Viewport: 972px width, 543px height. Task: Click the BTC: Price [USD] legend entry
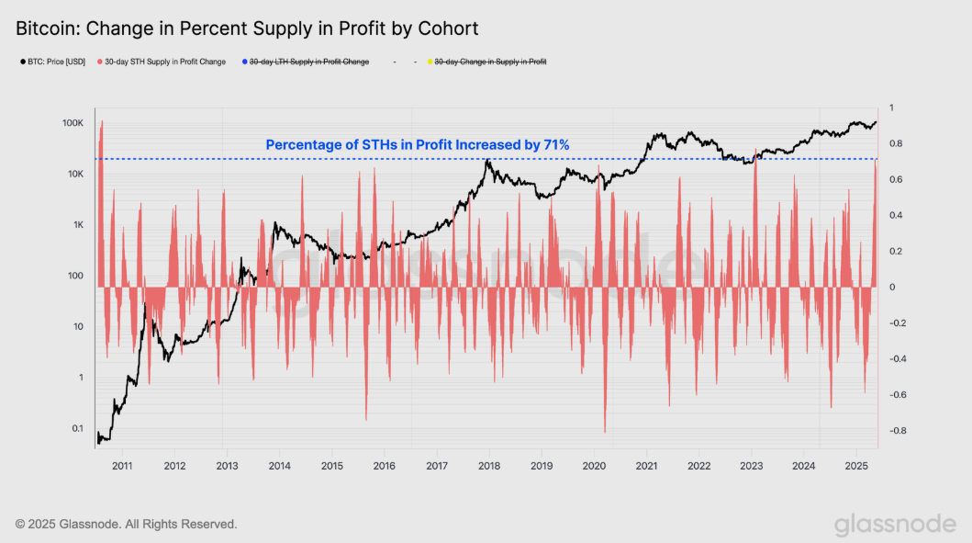pyautogui.click(x=54, y=62)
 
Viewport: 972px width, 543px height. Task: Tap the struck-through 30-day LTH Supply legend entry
pyautogui.click(x=308, y=62)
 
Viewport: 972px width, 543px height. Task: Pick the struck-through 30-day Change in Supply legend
pyautogui.click(x=490, y=62)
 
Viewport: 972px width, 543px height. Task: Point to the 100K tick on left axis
pyautogui.click(x=73, y=123)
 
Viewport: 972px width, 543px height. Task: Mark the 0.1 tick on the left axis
pyautogui.click(x=77, y=428)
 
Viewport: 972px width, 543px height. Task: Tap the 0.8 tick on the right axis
pyautogui.click(x=895, y=143)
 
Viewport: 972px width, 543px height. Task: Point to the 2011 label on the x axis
pyautogui.click(x=122, y=466)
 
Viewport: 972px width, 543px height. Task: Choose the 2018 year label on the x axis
pyautogui.click(x=489, y=466)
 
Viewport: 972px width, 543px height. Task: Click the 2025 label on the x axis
pyautogui.click(x=856, y=466)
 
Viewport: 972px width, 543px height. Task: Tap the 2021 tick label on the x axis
pyautogui.click(x=647, y=466)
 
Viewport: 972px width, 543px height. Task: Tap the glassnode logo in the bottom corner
pyautogui.click(x=895, y=524)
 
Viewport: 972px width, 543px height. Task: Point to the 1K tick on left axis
pyautogui.click(x=78, y=225)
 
